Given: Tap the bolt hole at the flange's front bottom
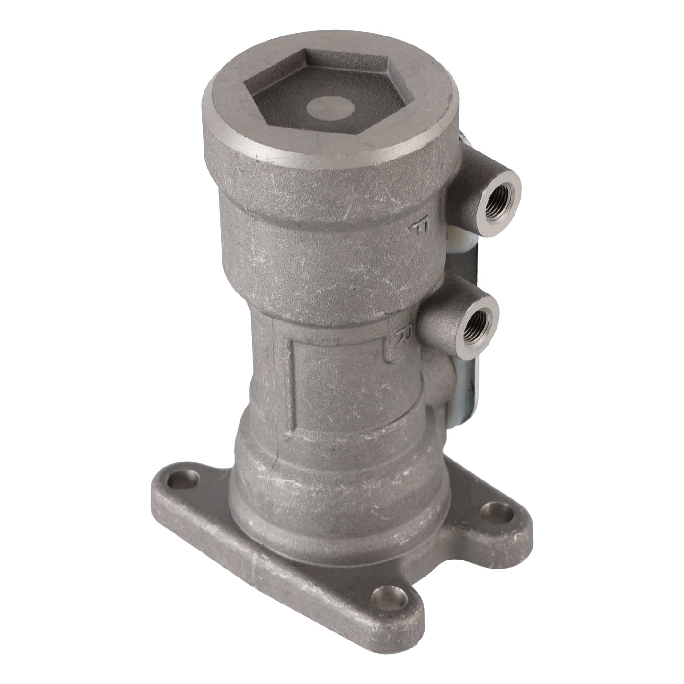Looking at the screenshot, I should pyautogui.click(x=386, y=594).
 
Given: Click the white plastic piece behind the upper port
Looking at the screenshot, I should pyautogui.click(x=459, y=234).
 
